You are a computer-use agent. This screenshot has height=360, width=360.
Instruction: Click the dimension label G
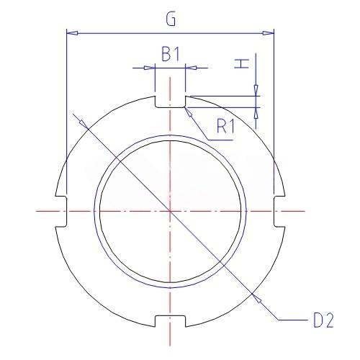pyautogui.click(x=171, y=19)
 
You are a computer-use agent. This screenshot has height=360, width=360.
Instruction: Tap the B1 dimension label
pyautogui.click(x=171, y=54)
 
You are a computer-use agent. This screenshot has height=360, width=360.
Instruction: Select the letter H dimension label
pyautogui.click(x=241, y=64)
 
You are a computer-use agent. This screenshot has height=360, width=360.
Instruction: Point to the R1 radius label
pyautogui.click(x=225, y=126)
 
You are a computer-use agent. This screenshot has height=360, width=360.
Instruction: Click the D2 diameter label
pyautogui.click(x=323, y=320)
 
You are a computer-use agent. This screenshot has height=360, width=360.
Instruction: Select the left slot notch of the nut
pyautogui.click(x=61, y=211)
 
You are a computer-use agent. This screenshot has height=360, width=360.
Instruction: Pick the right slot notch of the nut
pyautogui.click(x=279, y=211)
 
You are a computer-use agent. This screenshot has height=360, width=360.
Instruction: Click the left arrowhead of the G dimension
pyautogui.click(x=72, y=33)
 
